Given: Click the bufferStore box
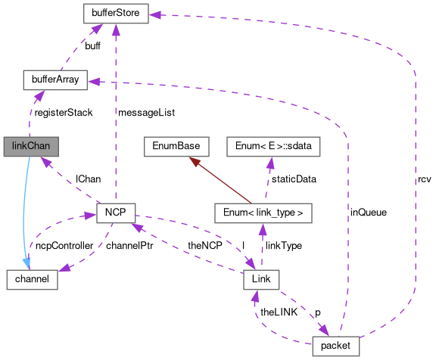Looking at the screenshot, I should point(115,13).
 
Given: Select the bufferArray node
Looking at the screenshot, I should point(55,79).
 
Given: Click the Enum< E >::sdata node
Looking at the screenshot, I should point(274,145).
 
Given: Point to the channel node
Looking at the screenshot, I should point(32,278).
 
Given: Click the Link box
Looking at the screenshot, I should point(262,278).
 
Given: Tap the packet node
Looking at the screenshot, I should point(335,346).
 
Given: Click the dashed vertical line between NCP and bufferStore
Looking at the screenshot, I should point(115,113).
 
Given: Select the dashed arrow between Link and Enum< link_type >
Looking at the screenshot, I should point(262,246).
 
